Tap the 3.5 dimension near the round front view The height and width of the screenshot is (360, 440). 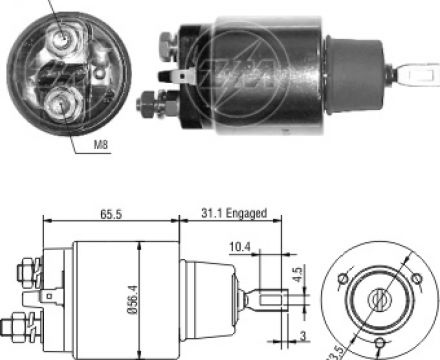pyautogui.click(x=335, y=350)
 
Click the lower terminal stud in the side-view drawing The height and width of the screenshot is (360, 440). pyautogui.click(x=22, y=326)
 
